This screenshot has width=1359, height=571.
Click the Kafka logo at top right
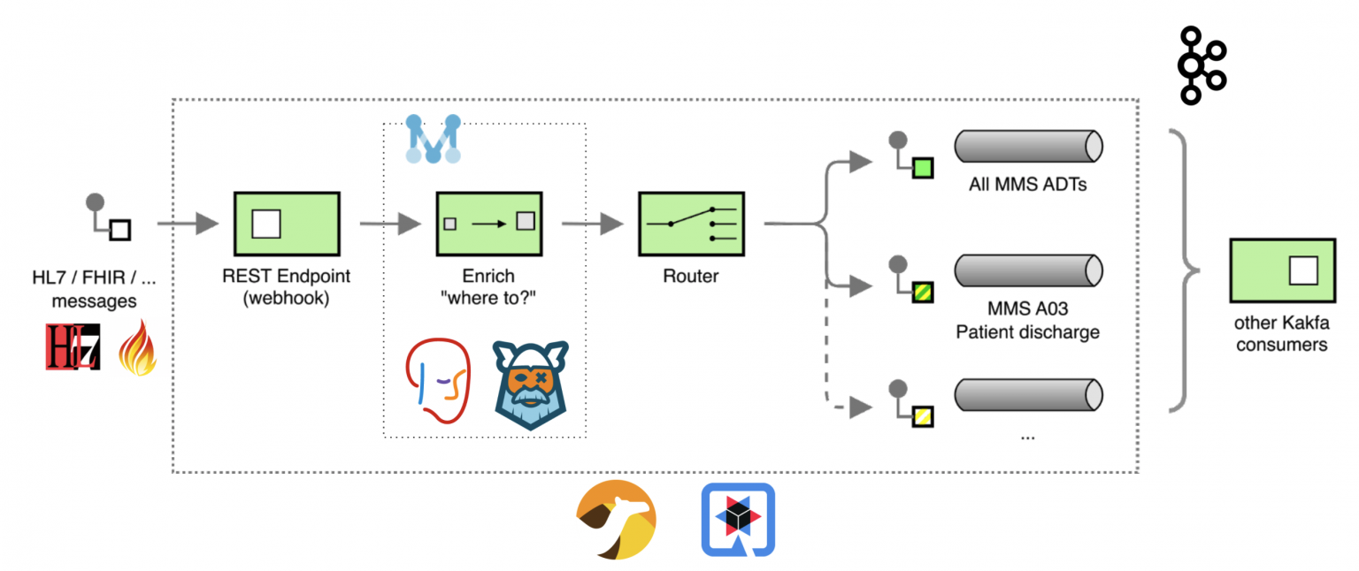click(x=1201, y=66)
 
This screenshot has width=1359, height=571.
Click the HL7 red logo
click(x=73, y=346)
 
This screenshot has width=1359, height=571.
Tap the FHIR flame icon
click(x=137, y=347)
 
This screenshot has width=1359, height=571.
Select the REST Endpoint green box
click(x=286, y=225)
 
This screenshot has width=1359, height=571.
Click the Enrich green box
click(x=489, y=225)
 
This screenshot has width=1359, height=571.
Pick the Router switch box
click(x=691, y=225)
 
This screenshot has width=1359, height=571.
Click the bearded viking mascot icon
click(x=530, y=384)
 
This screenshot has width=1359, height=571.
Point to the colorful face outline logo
click(x=437, y=382)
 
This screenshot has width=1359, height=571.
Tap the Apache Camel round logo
click(x=616, y=520)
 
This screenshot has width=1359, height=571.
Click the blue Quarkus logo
click(x=738, y=520)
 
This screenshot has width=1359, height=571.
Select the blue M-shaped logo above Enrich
click(x=433, y=139)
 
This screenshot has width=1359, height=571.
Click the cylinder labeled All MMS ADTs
click(x=1027, y=145)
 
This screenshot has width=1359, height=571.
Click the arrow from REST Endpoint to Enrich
click(x=390, y=225)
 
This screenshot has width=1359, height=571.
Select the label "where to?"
click(x=488, y=298)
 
